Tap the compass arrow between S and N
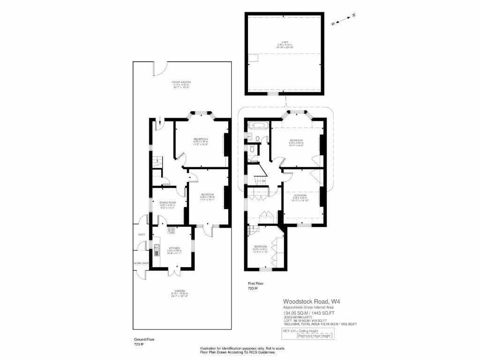point(343,19)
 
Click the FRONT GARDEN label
point(182,82)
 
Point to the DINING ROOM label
point(167,202)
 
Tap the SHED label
point(141,234)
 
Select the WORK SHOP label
point(141,263)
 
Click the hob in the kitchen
point(172,230)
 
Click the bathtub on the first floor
point(258,125)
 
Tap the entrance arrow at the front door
point(160,121)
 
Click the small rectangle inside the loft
point(254,58)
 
